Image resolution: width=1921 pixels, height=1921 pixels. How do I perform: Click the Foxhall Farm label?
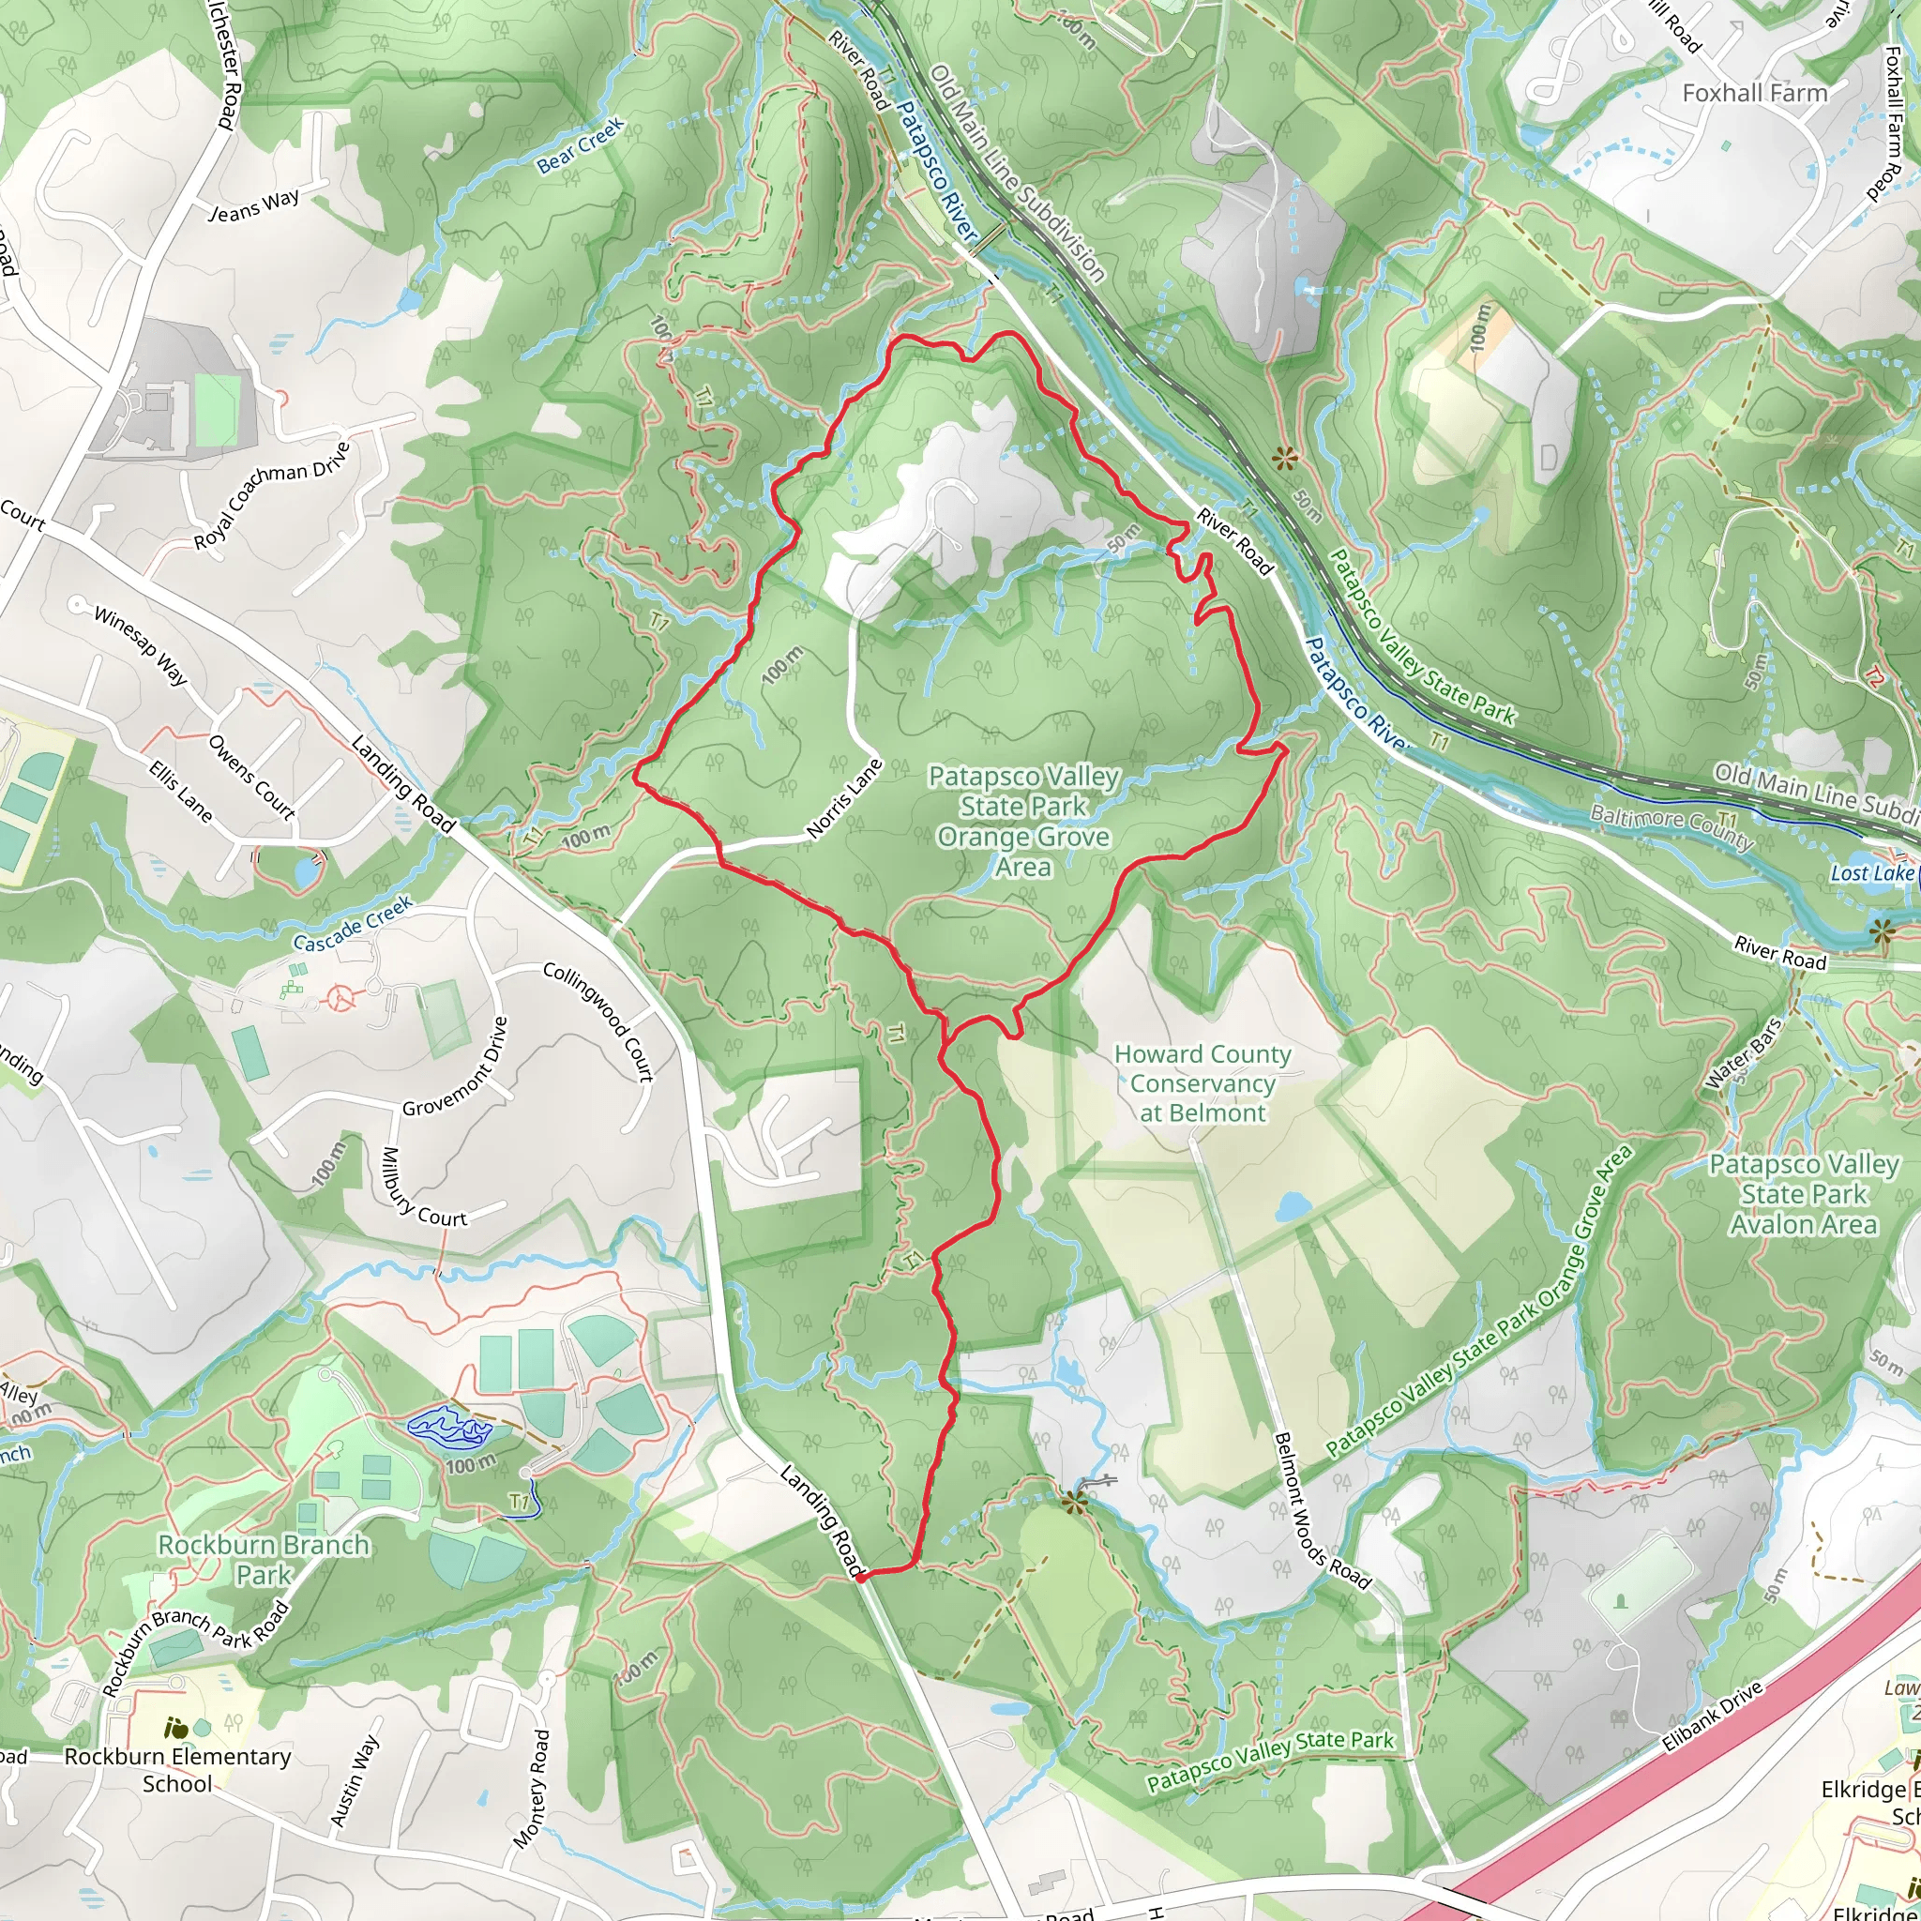pyautogui.click(x=1754, y=94)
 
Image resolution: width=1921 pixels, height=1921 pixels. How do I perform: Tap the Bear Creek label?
pyautogui.click(x=581, y=146)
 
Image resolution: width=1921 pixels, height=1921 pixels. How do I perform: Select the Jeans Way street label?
pyautogui.click(x=253, y=204)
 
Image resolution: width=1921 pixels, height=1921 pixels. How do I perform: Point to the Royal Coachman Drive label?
pyautogui.click(x=271, y=495)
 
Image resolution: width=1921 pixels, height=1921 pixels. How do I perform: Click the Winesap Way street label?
pyautogui.click(x=140, y=645)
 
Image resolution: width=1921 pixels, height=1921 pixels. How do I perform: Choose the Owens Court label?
pyautogui.click(x=251, y=778)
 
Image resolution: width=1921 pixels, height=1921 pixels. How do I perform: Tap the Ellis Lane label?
pyautogui.click(x=180, y=792)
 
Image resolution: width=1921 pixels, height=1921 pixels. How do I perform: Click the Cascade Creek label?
pyautogui.click(x=353, y=924)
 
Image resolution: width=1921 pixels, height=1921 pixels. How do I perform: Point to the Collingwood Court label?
pyautogui.click(x=598, y=1021)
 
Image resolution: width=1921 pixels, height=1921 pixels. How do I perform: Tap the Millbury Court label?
pyautogui.click(x=424, y=1188)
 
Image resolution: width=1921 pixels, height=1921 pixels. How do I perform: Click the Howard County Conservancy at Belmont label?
pyautogui.click(x=1203, y=1082)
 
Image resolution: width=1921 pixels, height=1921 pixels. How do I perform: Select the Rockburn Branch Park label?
pyautogui.click(x=264, y=1559)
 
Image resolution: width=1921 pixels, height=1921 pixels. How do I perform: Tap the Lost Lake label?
pyautogui.click(x=1871, y=873)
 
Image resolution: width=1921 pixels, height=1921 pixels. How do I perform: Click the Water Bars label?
pyautogui.click(x=1743, y=1053)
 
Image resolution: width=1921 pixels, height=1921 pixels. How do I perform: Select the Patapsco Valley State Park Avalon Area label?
pyautogui.click(x=1804, y=1193)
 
